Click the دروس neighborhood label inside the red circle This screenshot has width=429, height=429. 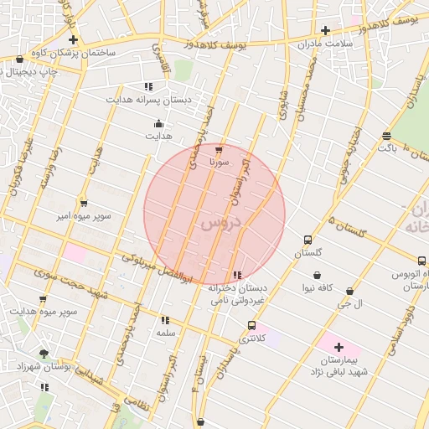click(220, 224)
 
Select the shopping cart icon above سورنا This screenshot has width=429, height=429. click(220, 147)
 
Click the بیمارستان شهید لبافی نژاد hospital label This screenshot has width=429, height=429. click(339, 364)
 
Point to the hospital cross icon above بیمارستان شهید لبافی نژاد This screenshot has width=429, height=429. click(339, 347)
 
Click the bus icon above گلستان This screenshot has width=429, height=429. click(308, 240)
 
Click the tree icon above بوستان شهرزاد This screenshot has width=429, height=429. click(44, 354)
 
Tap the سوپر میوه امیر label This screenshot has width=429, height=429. click(83, 215)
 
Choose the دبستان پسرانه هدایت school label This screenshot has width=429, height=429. click(148, 99)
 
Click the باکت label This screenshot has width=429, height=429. click(386, 147)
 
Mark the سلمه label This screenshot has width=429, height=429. click(164, 333)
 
